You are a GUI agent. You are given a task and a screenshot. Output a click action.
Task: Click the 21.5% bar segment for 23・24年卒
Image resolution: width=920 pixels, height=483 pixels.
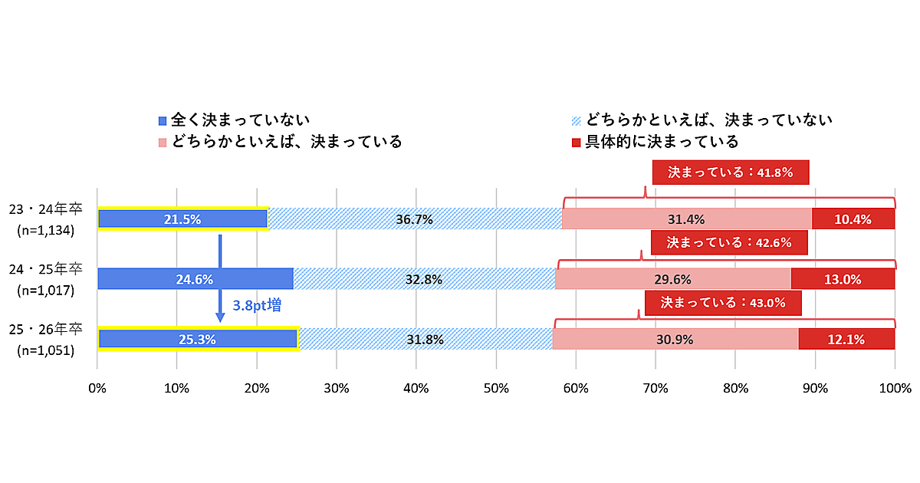(182, 219)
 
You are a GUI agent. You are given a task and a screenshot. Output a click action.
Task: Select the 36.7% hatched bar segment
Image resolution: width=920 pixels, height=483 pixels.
(414, 219)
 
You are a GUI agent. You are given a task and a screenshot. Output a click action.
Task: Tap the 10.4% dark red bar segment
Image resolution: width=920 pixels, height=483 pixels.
(853, 219)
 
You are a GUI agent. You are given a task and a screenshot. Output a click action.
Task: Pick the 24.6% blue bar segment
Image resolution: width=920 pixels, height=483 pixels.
(195, 279)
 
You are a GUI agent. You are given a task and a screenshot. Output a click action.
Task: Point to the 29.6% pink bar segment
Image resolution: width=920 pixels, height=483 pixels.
(672, 279)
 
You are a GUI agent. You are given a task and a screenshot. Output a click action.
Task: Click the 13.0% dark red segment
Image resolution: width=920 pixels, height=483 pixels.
(842, 279)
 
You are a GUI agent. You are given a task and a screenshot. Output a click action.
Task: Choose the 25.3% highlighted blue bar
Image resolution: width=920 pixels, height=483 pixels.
(197, 338)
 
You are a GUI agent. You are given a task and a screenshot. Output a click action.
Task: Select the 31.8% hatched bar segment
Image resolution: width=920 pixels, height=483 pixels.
(425, 338)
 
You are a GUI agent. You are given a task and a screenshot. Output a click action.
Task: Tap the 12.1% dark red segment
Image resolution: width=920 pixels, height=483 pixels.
(846, 338)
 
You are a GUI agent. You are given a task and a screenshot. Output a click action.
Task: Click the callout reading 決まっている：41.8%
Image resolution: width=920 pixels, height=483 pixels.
(730, 172)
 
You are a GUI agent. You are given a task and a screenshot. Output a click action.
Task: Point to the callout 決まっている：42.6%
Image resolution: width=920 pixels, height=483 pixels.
(729, 243)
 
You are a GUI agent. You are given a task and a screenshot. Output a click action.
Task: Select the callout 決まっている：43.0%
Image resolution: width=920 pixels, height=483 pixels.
(723, 303)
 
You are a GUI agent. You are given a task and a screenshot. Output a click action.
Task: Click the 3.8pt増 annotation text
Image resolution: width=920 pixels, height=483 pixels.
(256, 305)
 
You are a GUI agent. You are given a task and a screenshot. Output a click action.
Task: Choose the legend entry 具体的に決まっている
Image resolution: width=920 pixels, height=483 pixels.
(655, 142)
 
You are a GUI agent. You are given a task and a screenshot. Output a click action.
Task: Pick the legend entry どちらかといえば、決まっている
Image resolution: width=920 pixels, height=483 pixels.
(280, 142)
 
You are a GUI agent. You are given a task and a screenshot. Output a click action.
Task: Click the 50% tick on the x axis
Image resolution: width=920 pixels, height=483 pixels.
(496, 388)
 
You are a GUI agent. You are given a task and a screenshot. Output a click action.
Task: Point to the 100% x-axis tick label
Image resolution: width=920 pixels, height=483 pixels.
(894, 388)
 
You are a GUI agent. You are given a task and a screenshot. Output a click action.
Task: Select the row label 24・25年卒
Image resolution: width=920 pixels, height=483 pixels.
(45, 270)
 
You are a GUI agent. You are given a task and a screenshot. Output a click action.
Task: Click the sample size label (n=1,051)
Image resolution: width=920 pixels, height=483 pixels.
(45, 350)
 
